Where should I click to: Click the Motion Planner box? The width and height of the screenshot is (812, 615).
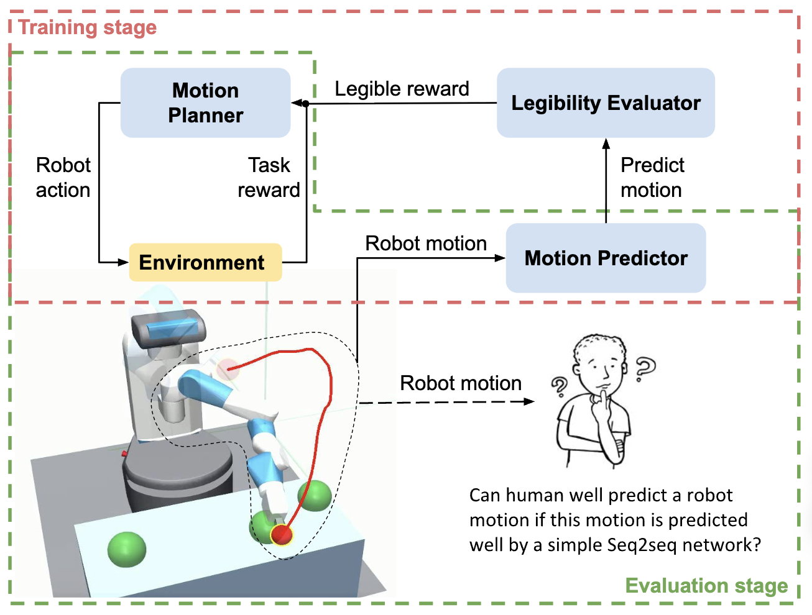point(205,102)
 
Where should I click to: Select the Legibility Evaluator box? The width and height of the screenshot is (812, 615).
point(606,102)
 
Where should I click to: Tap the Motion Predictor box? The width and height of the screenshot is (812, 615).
point(606,258)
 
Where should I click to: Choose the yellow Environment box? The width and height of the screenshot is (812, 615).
point(205,262)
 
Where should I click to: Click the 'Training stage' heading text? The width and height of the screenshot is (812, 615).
point(87,27)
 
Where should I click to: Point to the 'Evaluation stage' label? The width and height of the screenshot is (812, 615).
point(706,586)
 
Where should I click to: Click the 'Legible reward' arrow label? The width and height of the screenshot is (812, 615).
point(402,89)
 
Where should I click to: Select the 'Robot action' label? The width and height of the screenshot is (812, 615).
point(63,178)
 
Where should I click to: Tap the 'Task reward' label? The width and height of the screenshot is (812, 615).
point(269,178)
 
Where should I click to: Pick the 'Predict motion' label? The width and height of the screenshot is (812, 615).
point(652,178)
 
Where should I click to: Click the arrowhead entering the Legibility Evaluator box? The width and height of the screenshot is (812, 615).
point(606,143)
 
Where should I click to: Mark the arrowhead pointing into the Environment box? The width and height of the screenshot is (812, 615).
point(123,262)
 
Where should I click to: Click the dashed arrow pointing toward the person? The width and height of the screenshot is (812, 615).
point(448,402)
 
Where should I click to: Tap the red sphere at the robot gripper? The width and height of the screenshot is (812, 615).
point(282,534)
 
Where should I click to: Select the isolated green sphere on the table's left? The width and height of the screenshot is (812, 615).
point(127,549)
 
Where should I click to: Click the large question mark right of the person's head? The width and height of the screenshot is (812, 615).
point(645,367)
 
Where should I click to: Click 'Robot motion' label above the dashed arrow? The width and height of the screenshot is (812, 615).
point(461,383)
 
